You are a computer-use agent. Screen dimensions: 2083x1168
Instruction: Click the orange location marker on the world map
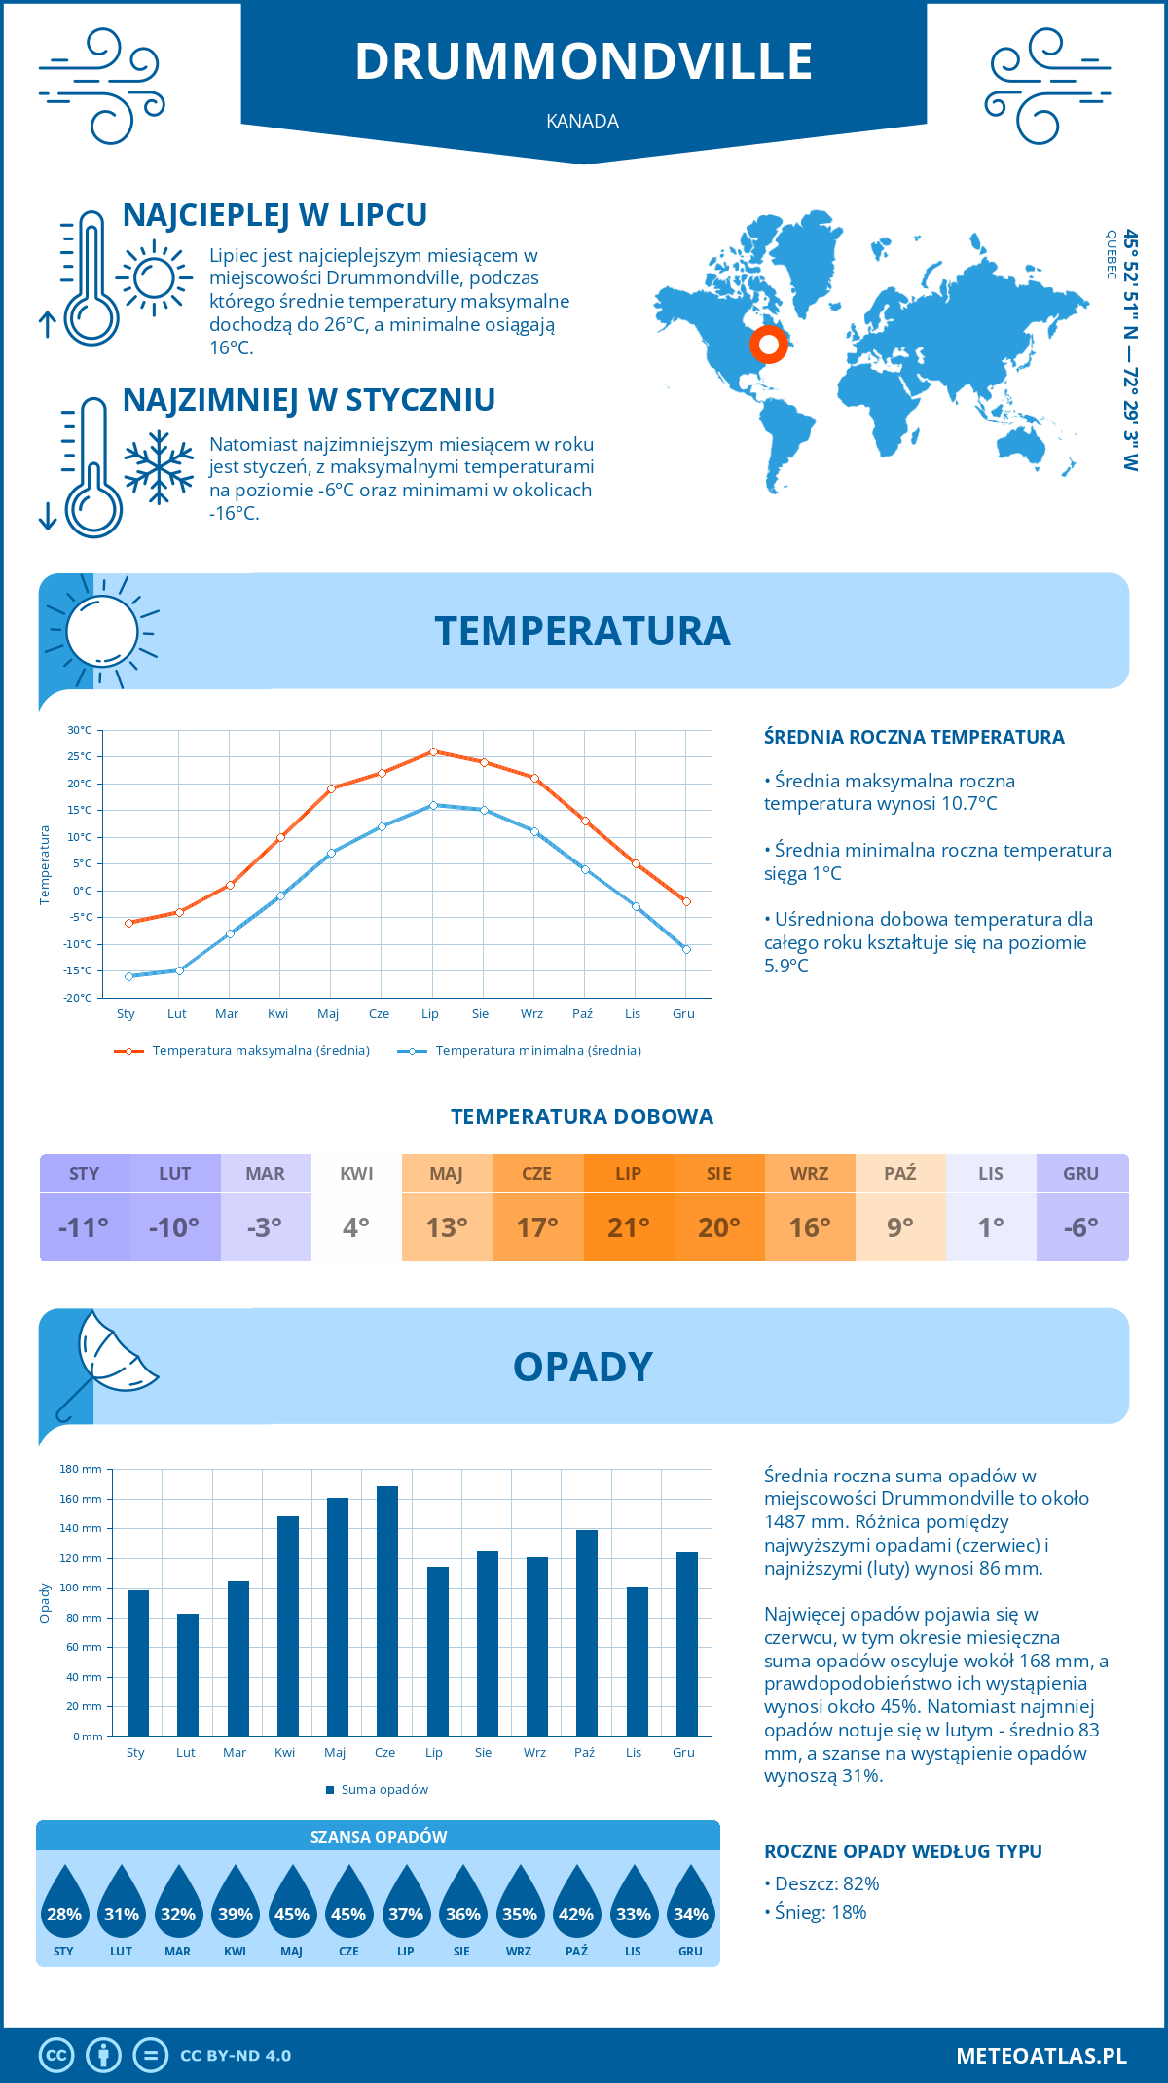(768, 344)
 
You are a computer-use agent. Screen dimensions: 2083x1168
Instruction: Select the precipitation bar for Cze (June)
(386, 1611)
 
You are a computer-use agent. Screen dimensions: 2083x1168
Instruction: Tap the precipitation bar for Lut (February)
(187, 1674)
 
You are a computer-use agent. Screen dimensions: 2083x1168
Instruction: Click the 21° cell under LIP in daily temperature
(628, 1226)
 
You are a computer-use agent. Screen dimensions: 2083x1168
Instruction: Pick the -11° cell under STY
(84, 1226)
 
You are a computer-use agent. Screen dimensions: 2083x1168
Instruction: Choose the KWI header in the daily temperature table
(356, 1173)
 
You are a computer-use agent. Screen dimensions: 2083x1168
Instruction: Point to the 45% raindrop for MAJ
(292, 1914)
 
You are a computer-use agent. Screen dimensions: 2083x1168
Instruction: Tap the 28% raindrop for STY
(64, 1914)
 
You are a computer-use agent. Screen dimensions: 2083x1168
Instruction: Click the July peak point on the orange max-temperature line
(433, 751)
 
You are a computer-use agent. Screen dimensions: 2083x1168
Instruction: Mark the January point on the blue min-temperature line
(128, 976)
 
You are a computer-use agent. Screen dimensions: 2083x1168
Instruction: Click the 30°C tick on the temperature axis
(80, 730)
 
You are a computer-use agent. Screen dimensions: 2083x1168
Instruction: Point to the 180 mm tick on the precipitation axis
(82, 1469)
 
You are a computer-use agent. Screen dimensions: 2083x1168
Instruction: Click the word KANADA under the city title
(583, 121)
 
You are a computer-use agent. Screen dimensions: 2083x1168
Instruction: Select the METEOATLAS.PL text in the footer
(1040, 2056)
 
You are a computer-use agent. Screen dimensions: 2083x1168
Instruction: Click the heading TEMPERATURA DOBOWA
(582, 1116)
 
